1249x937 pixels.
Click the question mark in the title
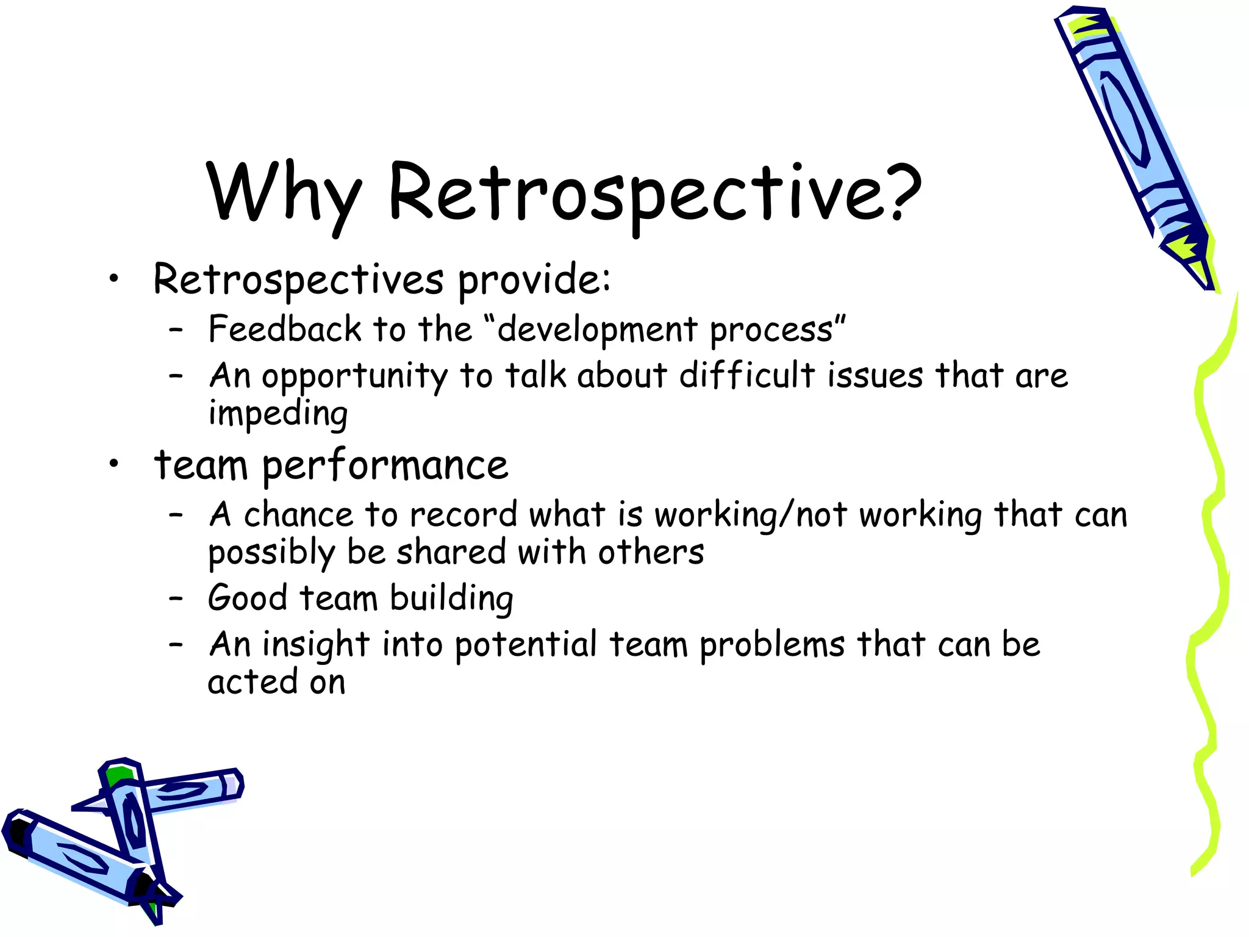pyautogui.click(x=896, y=192)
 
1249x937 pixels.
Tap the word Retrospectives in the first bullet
pyautogui.click(x=298, y=279)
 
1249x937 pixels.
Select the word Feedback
pyautogui.click(x=285, y=329)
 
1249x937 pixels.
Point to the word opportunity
pyautogui.click(x=354, y=376)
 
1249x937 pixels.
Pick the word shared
pyautogui.click(x=451, y=552)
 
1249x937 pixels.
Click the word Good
pyautogui.click(x=247, y=598)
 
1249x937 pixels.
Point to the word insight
pyautogui.click(x=315, y=645)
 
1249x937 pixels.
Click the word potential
pyautogui.click(x=525, y=645)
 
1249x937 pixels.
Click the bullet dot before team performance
pyautogui.click(x=113, y=465)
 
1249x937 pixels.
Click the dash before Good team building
pyautogui.click(x=176, y=598)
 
